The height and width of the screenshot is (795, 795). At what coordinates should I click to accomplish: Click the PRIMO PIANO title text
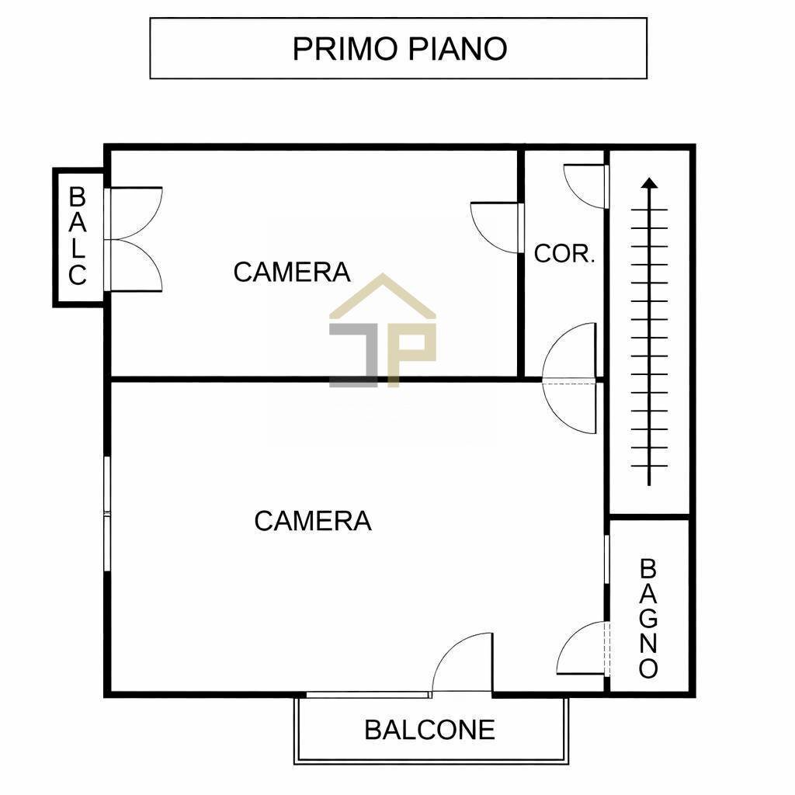399,48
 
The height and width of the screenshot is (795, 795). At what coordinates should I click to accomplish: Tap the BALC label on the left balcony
78,236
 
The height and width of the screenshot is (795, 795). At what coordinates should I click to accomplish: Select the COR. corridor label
564,253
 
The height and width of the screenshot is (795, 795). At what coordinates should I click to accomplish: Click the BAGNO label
648,619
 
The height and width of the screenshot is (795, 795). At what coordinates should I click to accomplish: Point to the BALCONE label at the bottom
429,730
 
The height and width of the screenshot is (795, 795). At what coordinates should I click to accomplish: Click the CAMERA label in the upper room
292,272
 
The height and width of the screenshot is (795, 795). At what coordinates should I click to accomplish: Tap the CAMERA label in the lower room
313,520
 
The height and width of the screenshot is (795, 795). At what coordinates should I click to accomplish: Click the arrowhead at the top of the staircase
650,183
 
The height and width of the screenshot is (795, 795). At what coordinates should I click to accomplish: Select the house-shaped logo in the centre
383,330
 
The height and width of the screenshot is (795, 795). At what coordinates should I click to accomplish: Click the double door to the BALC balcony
136,238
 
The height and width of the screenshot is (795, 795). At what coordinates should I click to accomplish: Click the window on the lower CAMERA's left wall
107,514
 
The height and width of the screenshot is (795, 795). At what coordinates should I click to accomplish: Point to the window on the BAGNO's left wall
606,557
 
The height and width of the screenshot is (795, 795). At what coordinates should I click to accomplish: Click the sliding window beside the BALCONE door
369,694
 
